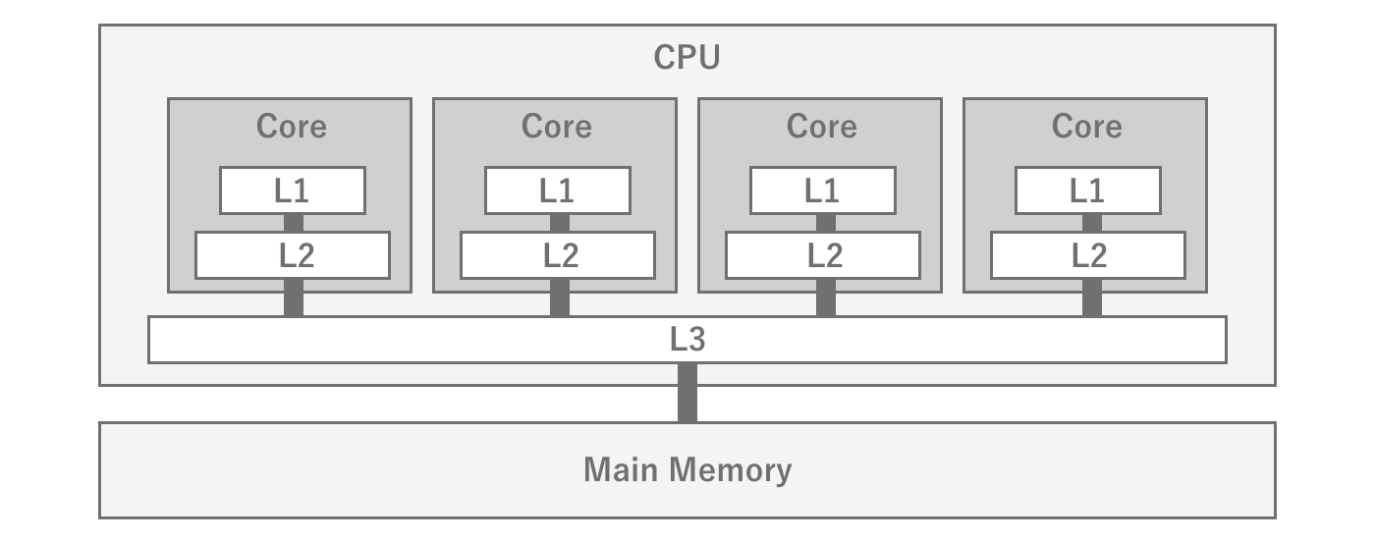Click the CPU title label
pos(687,58)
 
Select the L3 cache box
pos(687,340)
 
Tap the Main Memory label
pos(687,470)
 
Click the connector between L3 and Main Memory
pos(687,393)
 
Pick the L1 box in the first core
pos(293,190)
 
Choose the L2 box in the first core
pos(293,255)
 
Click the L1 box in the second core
pos(558,190)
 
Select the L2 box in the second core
pos(558,255)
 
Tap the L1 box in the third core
pos(823,190)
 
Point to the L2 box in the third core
pos(823,255)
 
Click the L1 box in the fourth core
pos(1088,190)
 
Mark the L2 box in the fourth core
pos(1088,255)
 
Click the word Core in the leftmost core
pos(291,127)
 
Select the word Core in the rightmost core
pos(1086,127)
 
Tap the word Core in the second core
pos(556,127)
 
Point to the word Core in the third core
pos(821,127)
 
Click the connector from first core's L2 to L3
pos(294,298)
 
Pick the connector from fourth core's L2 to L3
pos(1091,298)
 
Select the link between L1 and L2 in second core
pos(559,223)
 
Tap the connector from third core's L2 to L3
pos(826,298)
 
